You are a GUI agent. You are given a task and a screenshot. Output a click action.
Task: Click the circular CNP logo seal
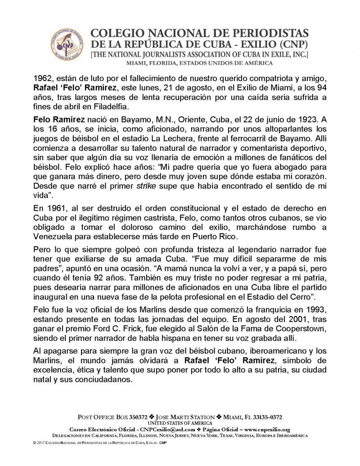[67, 47]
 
